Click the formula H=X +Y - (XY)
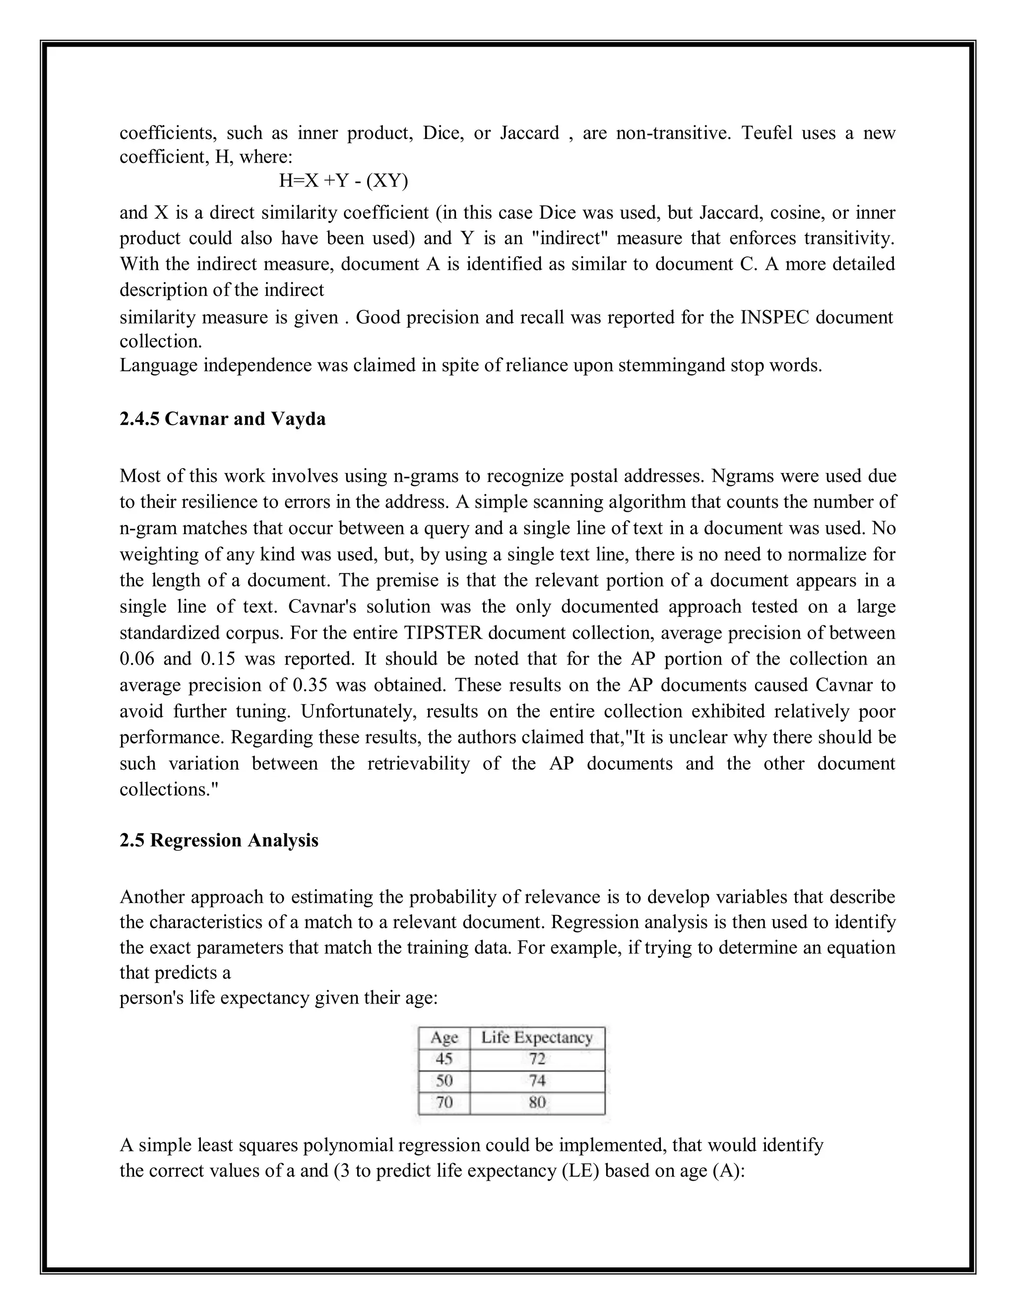[x=343, y=180]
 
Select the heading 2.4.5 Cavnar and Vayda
[x=222, y=419]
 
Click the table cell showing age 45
[x=444, y=1059]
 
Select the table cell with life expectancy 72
[x=537, y=1059]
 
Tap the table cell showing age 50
[x=444, y=1080]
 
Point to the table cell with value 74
[x=537, y=1080]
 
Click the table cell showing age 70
[x=444, y=1102]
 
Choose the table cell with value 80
[x=537, y=1102]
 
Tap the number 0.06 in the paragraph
[x=136, y=659]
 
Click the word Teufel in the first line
[x=766, y=132]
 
